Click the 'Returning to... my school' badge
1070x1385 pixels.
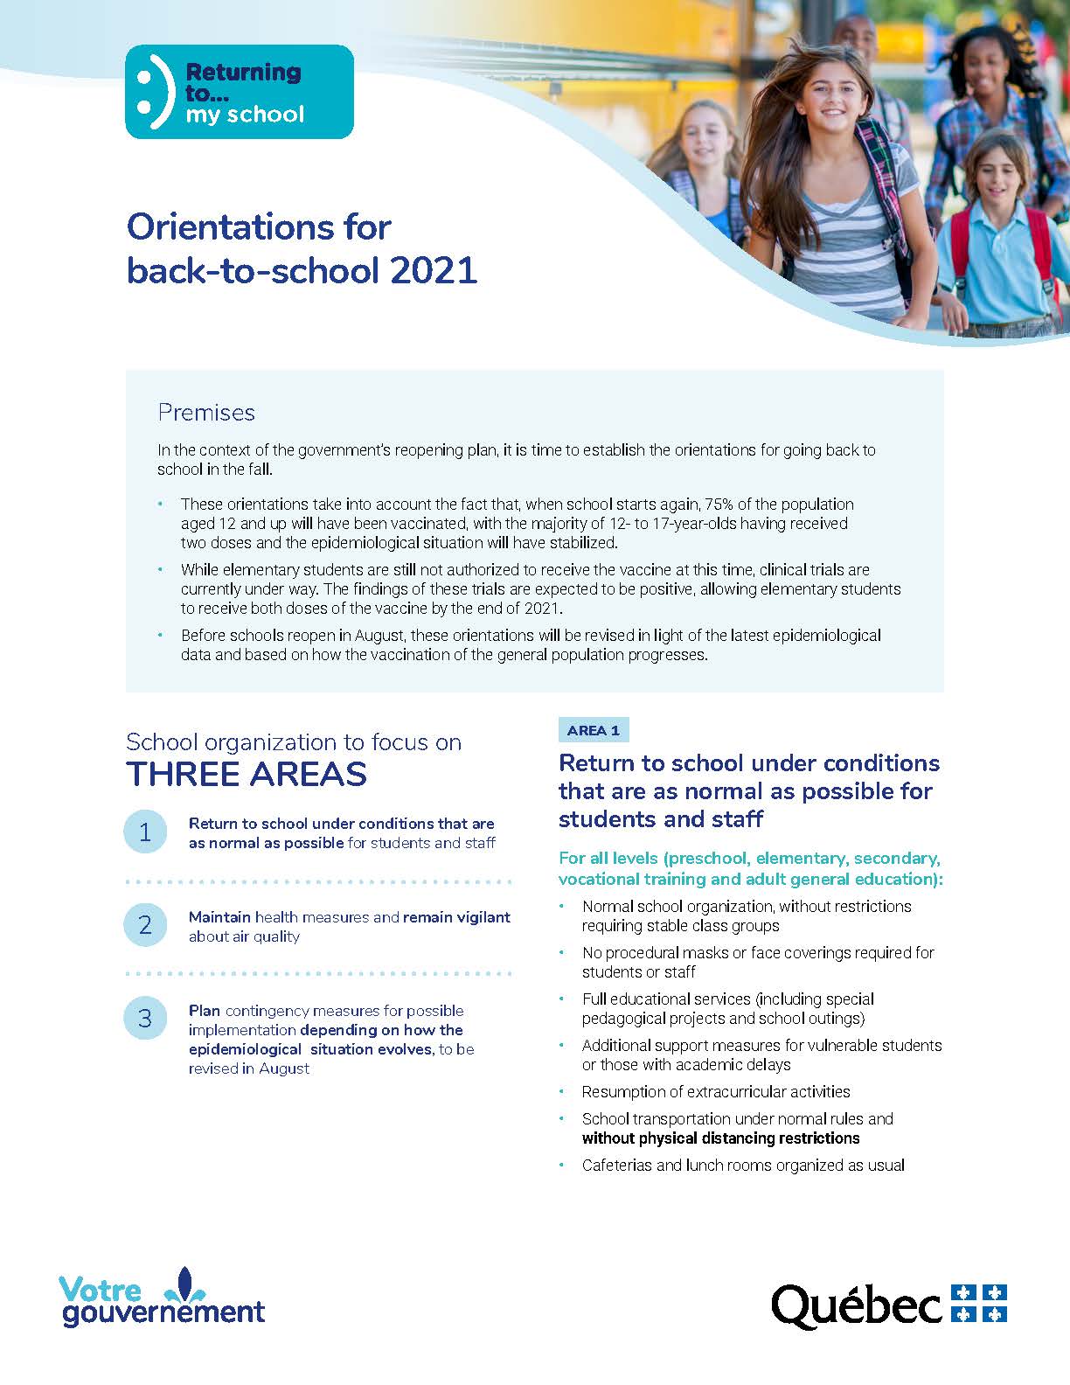coord(240,92)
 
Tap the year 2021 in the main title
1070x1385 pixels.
coord(434,270)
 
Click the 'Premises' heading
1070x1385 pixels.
coord(206,413)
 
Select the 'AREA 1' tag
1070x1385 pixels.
coord(593,730)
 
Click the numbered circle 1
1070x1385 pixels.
coord(145,832)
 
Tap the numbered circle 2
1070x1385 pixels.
coord(145,925)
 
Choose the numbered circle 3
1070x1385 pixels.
coord(145,1018)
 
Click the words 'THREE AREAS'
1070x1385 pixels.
coord(247,775)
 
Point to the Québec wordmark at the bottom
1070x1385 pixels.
coord(856,1305)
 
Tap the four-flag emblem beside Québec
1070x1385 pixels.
coord(978,1303)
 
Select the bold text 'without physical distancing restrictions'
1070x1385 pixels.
coord(720,1138)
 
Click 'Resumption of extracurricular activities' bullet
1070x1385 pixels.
coord(715,1091)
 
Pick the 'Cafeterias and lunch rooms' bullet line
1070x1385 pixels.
coord(743,1166)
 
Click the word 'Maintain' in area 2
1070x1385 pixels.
coord(219,917)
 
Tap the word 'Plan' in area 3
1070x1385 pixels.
coord(205,1010)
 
